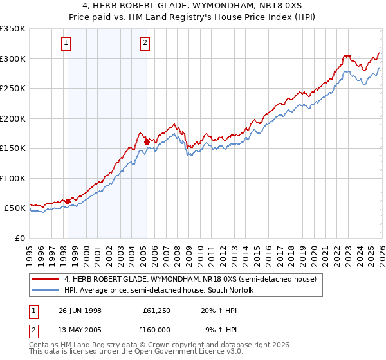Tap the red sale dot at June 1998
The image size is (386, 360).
coord(68,201)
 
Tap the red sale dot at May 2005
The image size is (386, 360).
coord(147,142)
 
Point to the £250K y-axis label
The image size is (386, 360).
coord(13,89)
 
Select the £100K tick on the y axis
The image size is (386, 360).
coord(13,178)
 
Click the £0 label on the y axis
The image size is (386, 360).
coord(19,238)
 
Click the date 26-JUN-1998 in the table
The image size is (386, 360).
coord(80,310)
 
